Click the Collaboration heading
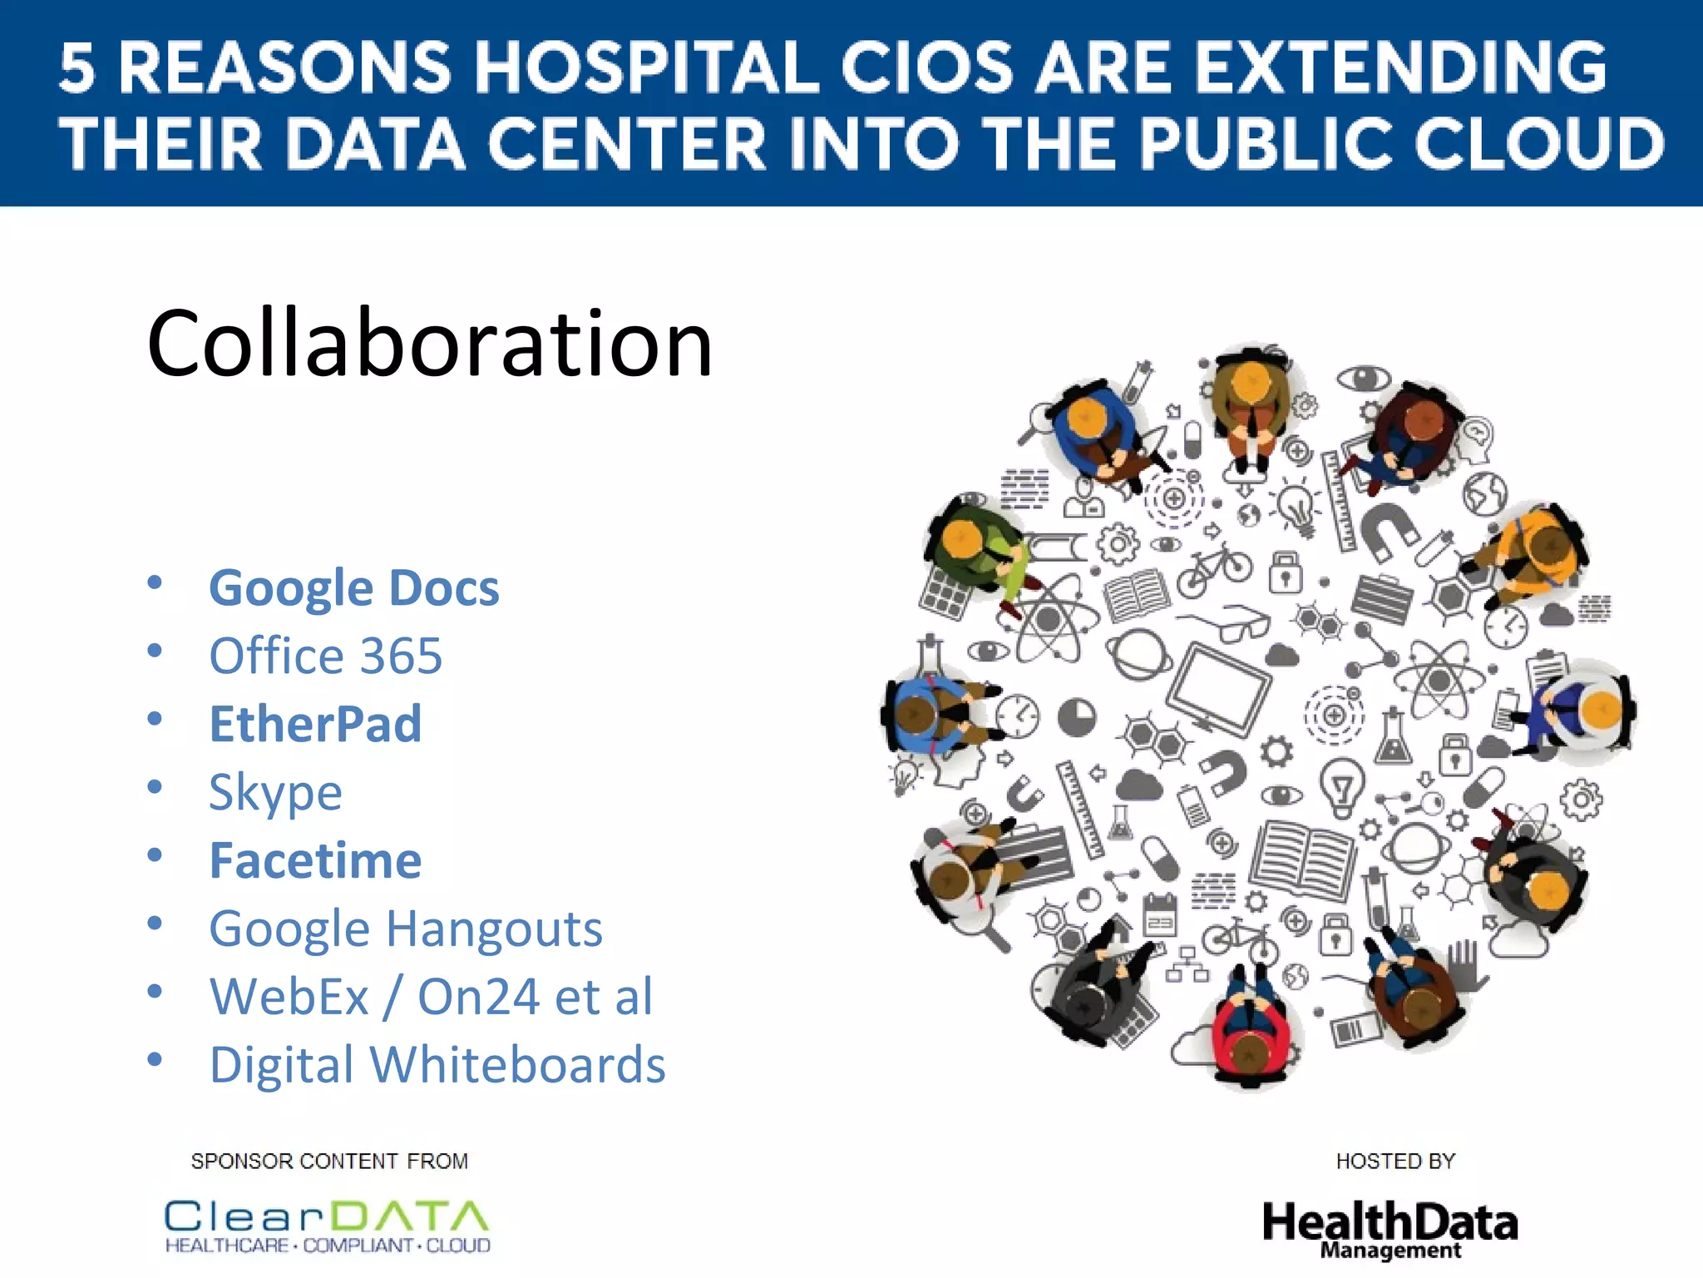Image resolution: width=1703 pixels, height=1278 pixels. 430,343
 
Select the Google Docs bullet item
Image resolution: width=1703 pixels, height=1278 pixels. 353,587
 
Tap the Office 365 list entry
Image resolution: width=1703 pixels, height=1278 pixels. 325,656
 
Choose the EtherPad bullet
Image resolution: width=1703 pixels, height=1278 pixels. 315,724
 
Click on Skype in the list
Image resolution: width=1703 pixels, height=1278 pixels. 275,792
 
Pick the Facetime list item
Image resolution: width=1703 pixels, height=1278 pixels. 315,860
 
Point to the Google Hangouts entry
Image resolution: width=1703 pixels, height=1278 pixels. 406,929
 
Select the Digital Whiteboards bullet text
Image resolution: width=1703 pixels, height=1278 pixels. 437,1065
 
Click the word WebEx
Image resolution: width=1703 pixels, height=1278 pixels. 289,997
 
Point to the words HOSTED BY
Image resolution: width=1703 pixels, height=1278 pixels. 1395,1161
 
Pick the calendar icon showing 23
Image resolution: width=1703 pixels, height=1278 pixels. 1160,914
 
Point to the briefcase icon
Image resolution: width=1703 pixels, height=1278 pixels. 1381,597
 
